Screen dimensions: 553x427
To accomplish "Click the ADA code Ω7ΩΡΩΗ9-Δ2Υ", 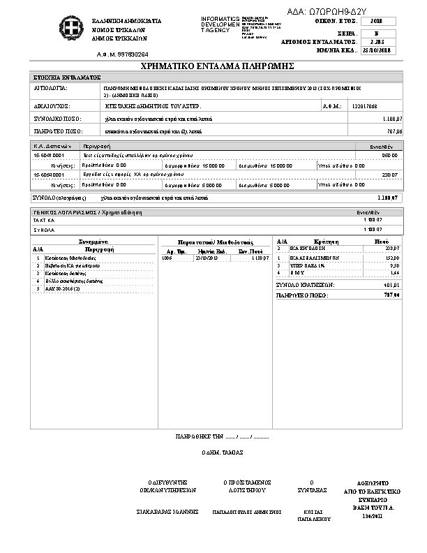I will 338,12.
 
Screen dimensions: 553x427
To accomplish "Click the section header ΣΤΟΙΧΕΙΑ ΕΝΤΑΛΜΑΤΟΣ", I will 68,77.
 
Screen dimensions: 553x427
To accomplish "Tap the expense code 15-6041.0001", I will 50,155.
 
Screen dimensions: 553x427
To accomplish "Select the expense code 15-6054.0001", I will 50,175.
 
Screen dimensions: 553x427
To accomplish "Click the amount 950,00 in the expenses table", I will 390,155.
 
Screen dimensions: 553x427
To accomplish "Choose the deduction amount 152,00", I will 392,257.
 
